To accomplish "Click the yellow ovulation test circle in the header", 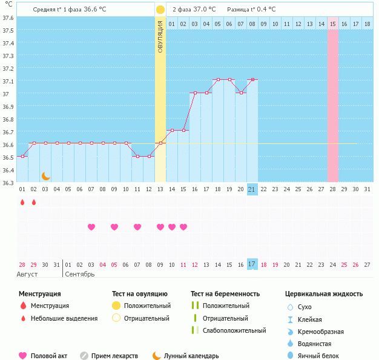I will [x=160, y=10].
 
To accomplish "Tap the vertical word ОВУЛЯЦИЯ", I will [x=160, y=36].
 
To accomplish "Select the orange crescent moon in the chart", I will [x=45, y=176].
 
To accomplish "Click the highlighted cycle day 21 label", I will [x=252, y=189].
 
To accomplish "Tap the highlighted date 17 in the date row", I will [x=252, y=264].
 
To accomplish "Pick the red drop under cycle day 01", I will [x=22, y=202].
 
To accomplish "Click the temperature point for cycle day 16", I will [x=195, y=93].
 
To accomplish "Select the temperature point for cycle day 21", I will [x=252, y=79].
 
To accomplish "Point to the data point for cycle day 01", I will [x=22, y=156].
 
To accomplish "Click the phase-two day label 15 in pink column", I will [x=333, y=24].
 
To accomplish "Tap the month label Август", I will [x=28, y=275].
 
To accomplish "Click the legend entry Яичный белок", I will [x=323, y=356].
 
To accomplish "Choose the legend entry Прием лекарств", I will [x=114, y=356].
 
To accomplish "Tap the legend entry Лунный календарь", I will [x=192, y=356].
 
